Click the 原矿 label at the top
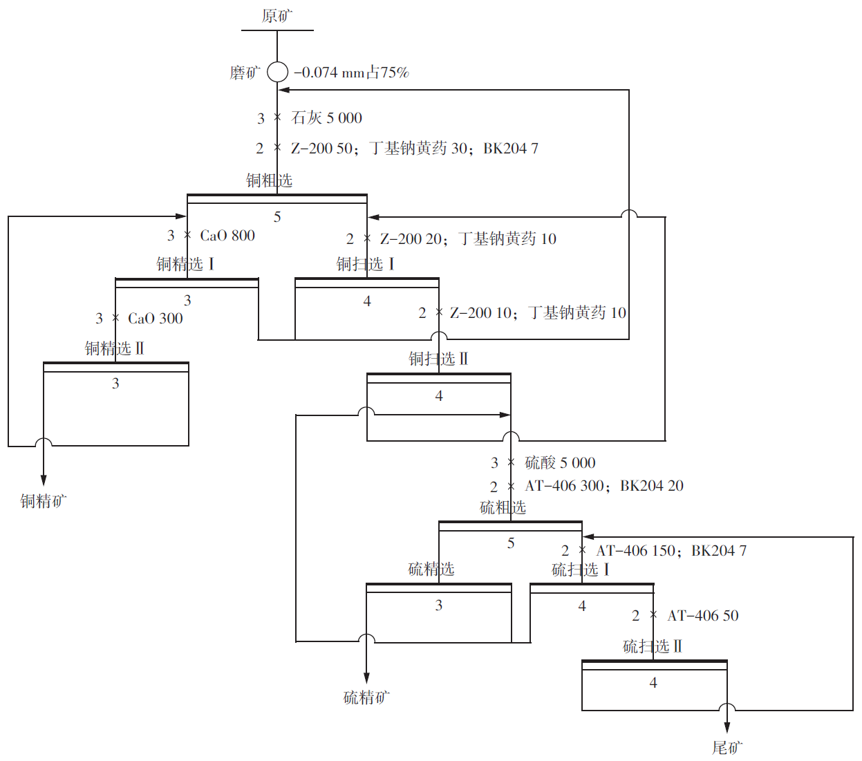[277, 16]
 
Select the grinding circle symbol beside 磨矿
[277, 72]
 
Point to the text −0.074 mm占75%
[352, 73]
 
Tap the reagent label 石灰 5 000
[327, 118]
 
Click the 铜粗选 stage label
[270, 181]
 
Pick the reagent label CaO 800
[227, 236]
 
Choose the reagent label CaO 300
[156, 319]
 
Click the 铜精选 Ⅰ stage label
[185, 264]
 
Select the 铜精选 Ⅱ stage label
[115, 348]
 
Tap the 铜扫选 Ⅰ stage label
[366, 264]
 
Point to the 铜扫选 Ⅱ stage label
[438, 359]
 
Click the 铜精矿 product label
[43, 501]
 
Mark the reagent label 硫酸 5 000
[560, 463]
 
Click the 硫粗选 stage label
[503, 508]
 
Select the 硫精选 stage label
[431, 570]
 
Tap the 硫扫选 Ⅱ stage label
[653, 647]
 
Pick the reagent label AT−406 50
[703, 616]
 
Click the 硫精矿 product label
[366, 698]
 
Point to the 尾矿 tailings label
[727, 748]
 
